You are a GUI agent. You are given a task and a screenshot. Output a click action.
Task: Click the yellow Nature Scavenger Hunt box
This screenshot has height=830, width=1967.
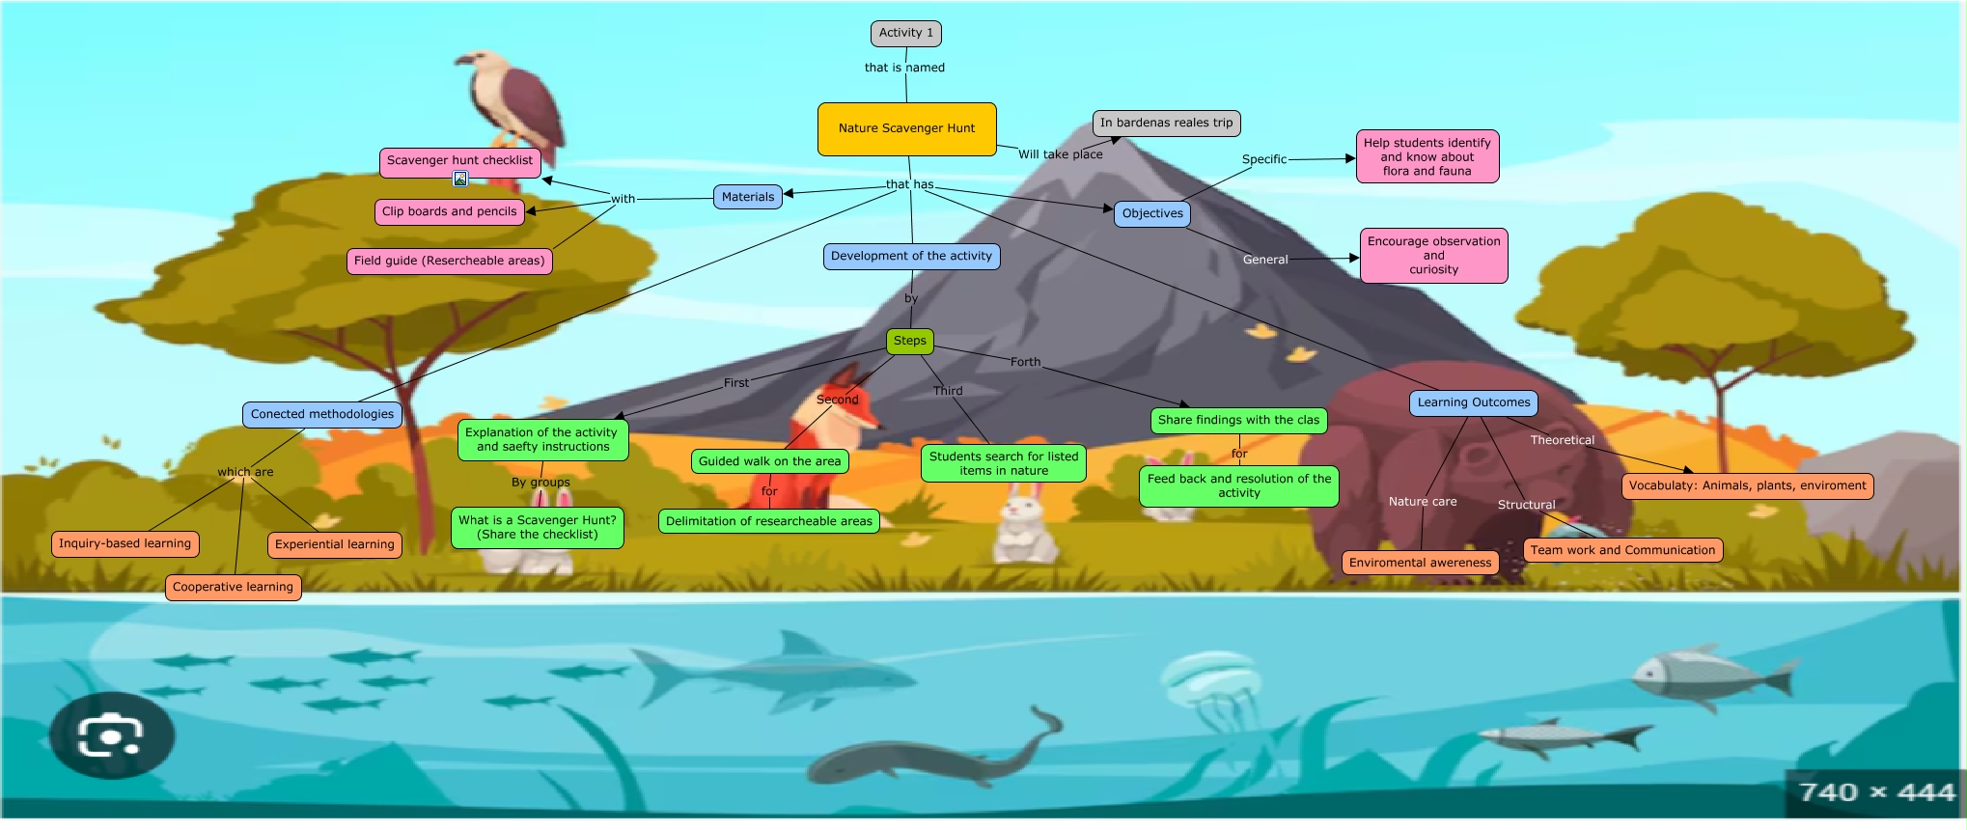(x=906, y=128)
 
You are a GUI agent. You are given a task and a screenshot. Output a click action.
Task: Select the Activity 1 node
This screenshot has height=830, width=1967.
(x=905, y=33)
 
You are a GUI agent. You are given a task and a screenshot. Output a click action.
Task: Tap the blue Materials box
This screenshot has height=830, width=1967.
(x=748, y=197)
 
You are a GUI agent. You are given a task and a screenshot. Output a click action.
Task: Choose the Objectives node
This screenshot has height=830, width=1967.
(x=1152, y=213)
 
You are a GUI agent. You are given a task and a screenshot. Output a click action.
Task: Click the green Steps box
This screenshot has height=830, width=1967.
(x=909, y=341)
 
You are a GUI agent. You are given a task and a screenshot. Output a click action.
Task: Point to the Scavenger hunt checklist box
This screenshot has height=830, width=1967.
(x=459, y=160)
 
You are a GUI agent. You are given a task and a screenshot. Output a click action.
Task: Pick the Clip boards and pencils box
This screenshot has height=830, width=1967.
(x=449, y=211)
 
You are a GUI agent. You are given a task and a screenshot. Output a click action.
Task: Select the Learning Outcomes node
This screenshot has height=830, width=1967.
(x=1473, y=402)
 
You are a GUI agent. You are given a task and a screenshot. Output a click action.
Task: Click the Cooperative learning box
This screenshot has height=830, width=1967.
(x=233, y=587)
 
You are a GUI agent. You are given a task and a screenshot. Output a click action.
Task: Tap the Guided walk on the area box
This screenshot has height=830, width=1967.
(x=769, y=461)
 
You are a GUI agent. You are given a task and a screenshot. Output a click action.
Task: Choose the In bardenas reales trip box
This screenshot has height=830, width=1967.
(x=1166, y=123)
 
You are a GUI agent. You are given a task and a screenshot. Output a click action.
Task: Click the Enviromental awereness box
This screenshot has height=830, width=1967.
(x=1420, y=563)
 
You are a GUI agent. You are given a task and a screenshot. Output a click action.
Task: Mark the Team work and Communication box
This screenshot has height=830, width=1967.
(x=1622, y=550)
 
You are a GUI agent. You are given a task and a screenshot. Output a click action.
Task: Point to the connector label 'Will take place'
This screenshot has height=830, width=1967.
(x=1060, y=154)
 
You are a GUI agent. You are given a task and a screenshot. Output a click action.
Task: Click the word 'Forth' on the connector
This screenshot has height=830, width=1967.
(x=1025, y=362)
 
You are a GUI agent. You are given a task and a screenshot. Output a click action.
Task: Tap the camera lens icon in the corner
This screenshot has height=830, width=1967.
(x=111, y=735)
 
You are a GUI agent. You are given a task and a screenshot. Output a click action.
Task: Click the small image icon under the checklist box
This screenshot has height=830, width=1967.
(x=460, y=179)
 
